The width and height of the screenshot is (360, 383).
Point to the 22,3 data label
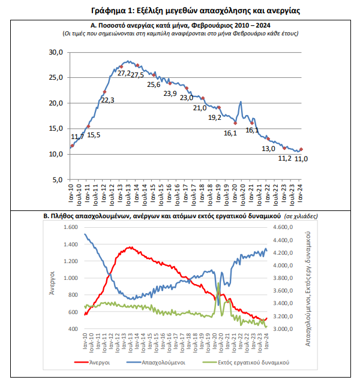107,100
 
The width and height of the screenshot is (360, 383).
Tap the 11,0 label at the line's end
301,158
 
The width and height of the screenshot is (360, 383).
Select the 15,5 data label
94,135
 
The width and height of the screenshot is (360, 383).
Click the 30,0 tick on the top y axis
56,53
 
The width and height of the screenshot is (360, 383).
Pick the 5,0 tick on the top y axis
58,180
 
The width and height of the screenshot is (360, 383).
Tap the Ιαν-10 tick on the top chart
71,194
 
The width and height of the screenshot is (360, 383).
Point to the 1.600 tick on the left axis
71,228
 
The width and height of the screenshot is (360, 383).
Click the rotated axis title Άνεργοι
53,279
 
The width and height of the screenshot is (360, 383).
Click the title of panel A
180,25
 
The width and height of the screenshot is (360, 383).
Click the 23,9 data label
170,94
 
